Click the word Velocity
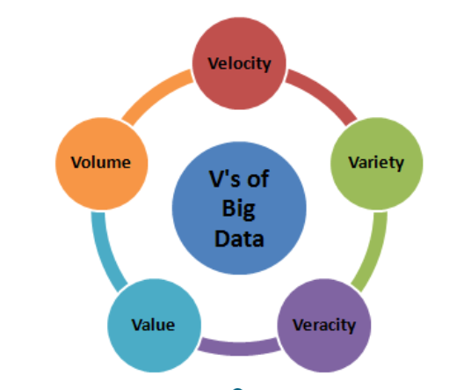[x=239, y=63]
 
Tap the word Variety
[x=376, y=163]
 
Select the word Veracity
[x=324, y=325]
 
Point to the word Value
[x=153, y=325]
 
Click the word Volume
[x=101, y=162]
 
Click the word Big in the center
[x=238, y=210]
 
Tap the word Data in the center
[x=239, y=239]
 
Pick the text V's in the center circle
[x=225, y=179]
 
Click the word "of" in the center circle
[x=258, y=179]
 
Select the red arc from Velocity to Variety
[x=325, y=92]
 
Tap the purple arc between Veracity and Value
[x=239, y=349]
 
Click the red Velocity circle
[x=239, y=63]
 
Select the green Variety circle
[x=377, y=164]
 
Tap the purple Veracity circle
[x=324, y=326]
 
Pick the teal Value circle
[x=154, y=326]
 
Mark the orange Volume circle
[x=102, y=164]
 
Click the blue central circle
[x=239, y=208]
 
